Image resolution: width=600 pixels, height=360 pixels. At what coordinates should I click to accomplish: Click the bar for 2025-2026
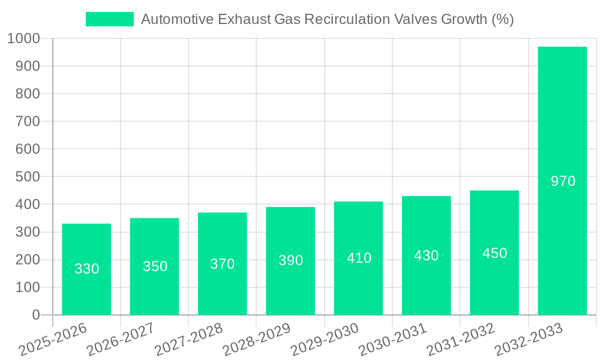click(x=86, y=269)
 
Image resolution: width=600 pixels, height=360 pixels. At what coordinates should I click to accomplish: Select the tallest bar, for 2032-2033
click(x=562, y=181)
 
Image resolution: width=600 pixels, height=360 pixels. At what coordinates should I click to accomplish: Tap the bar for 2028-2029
click(x=290, y=261)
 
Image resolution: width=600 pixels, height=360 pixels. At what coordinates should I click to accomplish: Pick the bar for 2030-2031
click(x=426, y=256)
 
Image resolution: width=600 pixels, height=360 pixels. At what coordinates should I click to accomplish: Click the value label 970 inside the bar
click(x=563, y=181)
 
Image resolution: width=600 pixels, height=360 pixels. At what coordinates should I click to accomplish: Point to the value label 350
click(x=155, y=266)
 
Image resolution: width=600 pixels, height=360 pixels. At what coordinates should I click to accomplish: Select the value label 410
click(x=359, y=258)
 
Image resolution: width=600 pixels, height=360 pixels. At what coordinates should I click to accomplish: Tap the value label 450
click(x=494, y=253)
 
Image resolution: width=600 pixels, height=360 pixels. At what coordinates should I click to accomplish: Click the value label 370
click(x=223, y=264)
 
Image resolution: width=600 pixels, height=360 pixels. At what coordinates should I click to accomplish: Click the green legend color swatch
click(x=110, y=19)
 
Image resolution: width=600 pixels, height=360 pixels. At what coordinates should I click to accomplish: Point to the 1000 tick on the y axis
click(x=23, y=39)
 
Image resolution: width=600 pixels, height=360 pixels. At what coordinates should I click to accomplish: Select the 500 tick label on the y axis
click(x=28, y=177)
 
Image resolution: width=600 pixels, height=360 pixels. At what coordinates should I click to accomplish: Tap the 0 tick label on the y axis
click(x=35, y=315)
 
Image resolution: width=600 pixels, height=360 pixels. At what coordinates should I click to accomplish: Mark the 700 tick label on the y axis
click(x=28, y=122)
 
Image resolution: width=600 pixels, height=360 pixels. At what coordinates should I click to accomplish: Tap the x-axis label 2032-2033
click(x=529, y=340)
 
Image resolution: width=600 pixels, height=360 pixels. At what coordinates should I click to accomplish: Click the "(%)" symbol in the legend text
click(x=502, y=19)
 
